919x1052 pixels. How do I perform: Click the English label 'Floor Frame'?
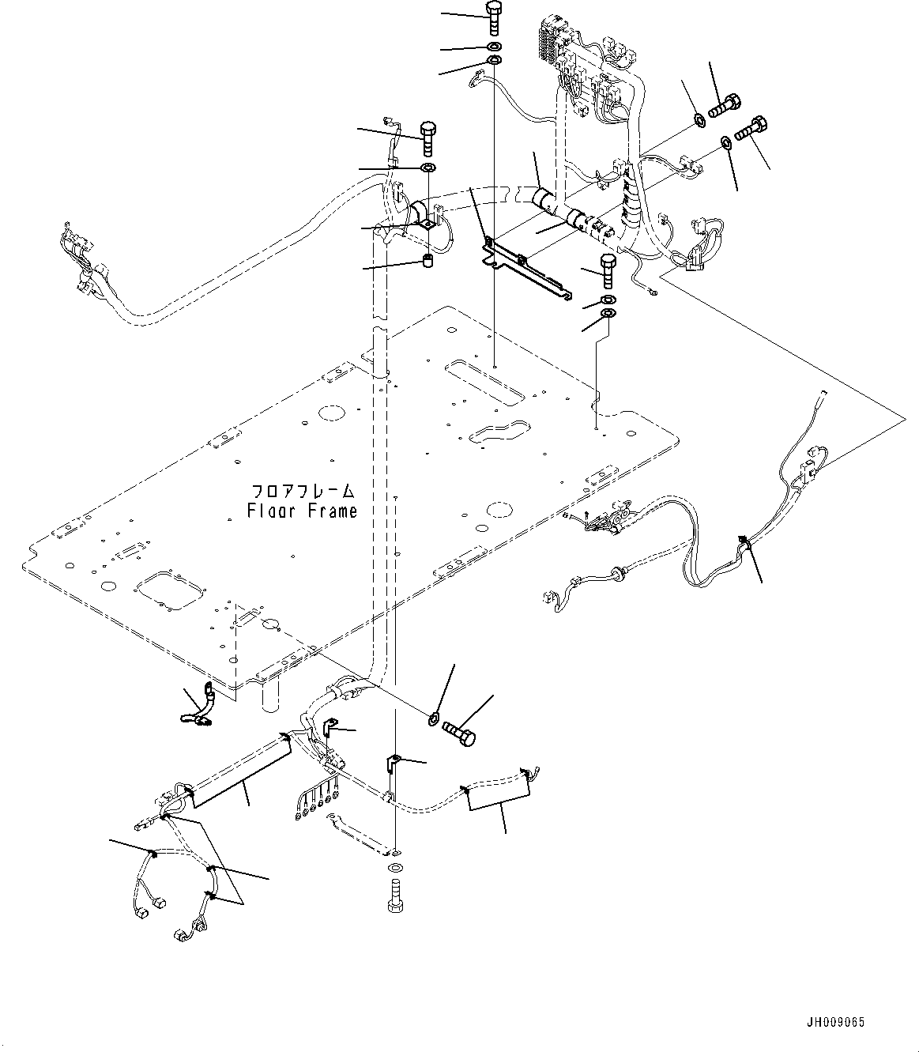coord(301,511)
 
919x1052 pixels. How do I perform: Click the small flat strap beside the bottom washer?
coord(353,831)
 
